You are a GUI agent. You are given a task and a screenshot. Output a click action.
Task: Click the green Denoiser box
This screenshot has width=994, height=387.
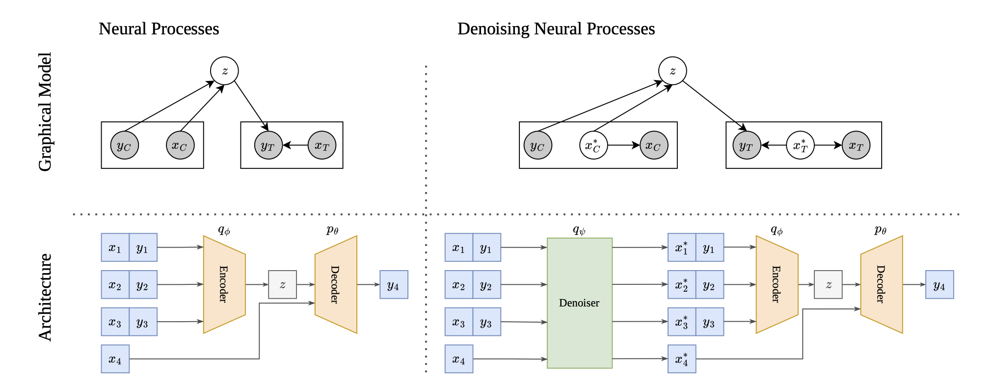coord(579,303)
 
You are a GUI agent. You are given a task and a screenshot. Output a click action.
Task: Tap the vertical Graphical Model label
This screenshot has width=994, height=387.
coord(45,111)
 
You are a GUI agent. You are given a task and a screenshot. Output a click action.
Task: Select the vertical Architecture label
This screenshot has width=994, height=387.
coord(45,297)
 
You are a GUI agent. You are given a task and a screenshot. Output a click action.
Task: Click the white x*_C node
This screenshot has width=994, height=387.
coord(593,145)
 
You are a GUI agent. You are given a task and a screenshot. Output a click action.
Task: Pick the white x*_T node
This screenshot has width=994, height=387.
coord(800,145)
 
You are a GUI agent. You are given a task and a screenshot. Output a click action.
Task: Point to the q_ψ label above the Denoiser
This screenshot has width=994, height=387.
coord(579,230)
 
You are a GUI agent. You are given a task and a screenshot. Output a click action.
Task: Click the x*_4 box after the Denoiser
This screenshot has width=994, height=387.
coord(682,359)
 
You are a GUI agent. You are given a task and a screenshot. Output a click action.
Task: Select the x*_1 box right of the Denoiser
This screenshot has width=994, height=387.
coord(682,248)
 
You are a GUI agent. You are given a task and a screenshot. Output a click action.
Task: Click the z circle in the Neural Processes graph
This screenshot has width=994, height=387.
coord(224,71)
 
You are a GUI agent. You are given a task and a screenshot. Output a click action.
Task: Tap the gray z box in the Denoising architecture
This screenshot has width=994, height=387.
coord(828,284)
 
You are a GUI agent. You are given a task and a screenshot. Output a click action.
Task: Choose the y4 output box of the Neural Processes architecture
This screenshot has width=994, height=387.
coord(394,284)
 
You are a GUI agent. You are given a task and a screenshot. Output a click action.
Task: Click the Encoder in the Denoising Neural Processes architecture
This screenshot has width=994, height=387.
coord(777,284)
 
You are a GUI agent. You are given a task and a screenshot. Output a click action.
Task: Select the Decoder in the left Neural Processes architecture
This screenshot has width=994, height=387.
coord(336,284)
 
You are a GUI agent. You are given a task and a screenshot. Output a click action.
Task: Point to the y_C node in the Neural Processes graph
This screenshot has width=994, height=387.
coord(125,145)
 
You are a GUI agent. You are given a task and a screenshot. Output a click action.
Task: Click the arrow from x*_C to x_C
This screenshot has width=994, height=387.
coord(624,145)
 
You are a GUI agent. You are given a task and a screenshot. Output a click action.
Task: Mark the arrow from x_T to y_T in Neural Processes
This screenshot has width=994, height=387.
coord(296,145)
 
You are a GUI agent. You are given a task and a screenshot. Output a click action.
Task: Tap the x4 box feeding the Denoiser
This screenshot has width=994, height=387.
coord(459,359)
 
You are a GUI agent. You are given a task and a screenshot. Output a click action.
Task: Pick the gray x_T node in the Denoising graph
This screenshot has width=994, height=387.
coord(856,145)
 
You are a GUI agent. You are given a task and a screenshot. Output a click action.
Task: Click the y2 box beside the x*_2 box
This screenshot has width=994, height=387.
coord(710,284)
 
